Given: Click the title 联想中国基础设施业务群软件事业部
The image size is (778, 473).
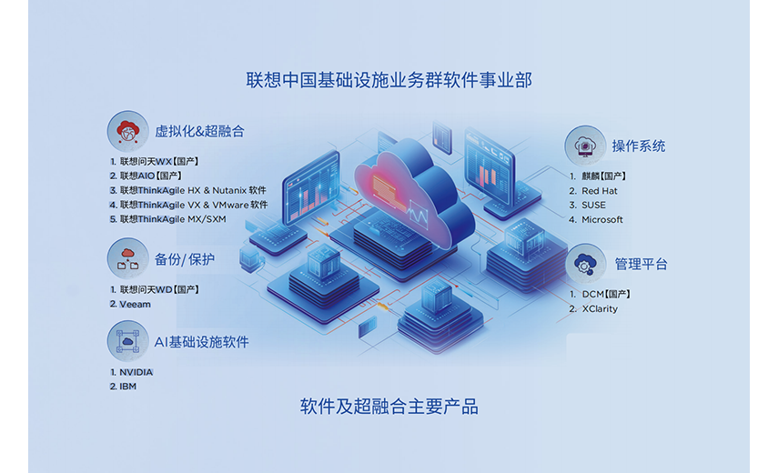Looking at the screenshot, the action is [389, 80].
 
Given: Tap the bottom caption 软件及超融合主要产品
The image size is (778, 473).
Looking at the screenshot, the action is [389, 407].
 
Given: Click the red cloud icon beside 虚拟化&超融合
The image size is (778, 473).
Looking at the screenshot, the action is [128, 131].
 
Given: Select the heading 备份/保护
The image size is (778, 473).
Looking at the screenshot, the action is [185, 259].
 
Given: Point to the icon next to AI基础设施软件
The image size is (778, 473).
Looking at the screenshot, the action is [128, 341].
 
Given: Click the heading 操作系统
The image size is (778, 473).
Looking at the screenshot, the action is [639, 146].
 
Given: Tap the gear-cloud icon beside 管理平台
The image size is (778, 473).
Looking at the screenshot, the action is [585, 264].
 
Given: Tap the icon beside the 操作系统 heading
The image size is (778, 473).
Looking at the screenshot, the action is [585, 146].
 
